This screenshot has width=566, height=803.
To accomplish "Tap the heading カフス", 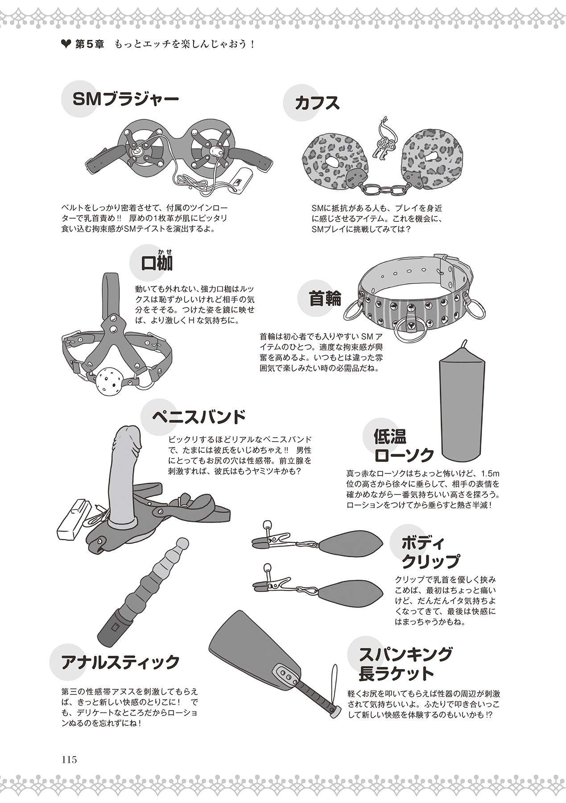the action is tap(317, 103).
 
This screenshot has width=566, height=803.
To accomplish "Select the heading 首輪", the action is tap(325, 298).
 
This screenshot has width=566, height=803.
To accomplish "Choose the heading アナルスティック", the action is tap(120, 662).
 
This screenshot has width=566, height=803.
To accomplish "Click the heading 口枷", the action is tap(157, 263).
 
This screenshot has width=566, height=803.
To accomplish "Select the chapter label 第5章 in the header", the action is tap(87, 45).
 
